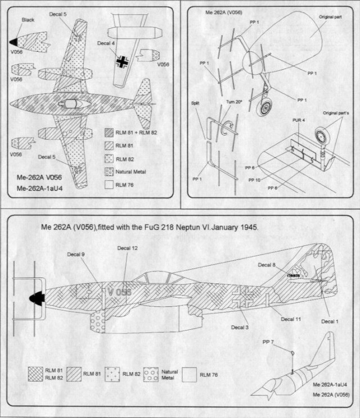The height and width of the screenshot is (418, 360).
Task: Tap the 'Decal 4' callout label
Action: [105, 42]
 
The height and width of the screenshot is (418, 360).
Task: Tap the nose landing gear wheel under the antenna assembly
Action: [263, 107]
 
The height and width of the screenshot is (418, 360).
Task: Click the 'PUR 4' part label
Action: [290, 135]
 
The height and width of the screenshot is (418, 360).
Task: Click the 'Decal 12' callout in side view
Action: [127, 248]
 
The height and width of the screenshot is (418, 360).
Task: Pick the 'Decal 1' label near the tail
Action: [330, 321]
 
